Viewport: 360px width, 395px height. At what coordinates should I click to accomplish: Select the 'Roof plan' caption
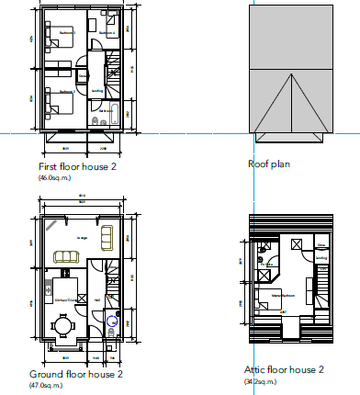[x=269, y=164]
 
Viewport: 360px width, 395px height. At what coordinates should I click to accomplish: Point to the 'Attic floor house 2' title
[x=284, y=370]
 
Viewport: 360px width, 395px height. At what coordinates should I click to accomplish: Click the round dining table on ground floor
[x=62, y=324]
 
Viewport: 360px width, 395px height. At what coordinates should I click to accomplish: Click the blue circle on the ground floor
[x=112, y=322]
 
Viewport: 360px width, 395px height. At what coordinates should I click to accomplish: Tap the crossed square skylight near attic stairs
[x=298, y=243]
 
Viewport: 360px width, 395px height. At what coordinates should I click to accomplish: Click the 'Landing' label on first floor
[x=96, y=90]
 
